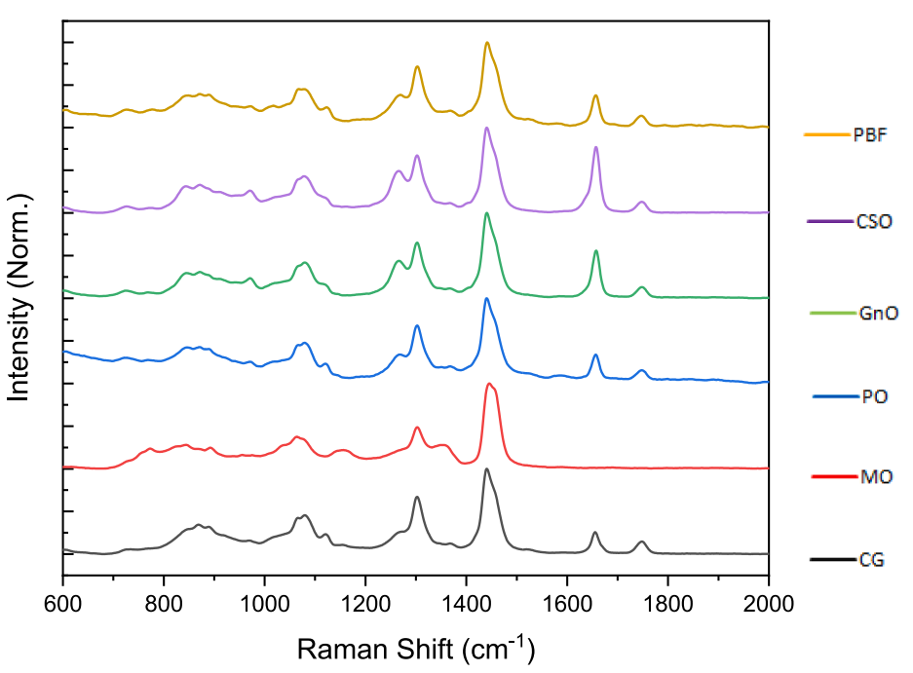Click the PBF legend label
pyautogui.click(x=870, y=135)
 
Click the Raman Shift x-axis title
pyautogui.click(x=415, y=648)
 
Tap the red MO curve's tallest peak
pyautogui.click(x=489, y=385)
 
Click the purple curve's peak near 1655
pyautogui.click(x=596, y=147)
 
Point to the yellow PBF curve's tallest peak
pyautogui.click(x=487, y=43)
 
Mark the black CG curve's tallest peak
pyautogui.click(x=486, y=469)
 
